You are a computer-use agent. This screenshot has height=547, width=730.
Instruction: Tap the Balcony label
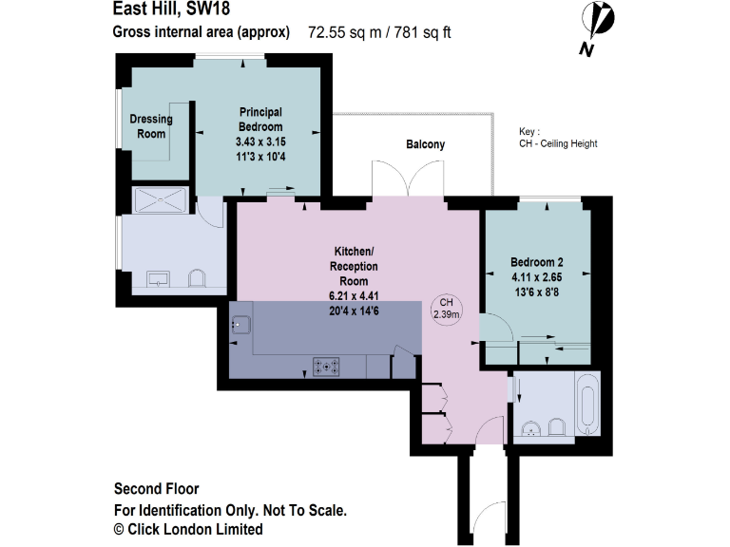[425, 144]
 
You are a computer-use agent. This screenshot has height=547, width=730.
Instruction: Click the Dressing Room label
[151, 126]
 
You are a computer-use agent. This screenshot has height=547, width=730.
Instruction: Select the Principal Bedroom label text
[259, 120]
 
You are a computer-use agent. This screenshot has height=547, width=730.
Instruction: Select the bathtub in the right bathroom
[588, 405]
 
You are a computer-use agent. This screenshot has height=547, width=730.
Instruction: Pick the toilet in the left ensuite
[197, 278]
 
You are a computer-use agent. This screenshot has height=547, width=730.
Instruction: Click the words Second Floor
[156, 490]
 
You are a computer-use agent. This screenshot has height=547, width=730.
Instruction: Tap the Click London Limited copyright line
[188, 529]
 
